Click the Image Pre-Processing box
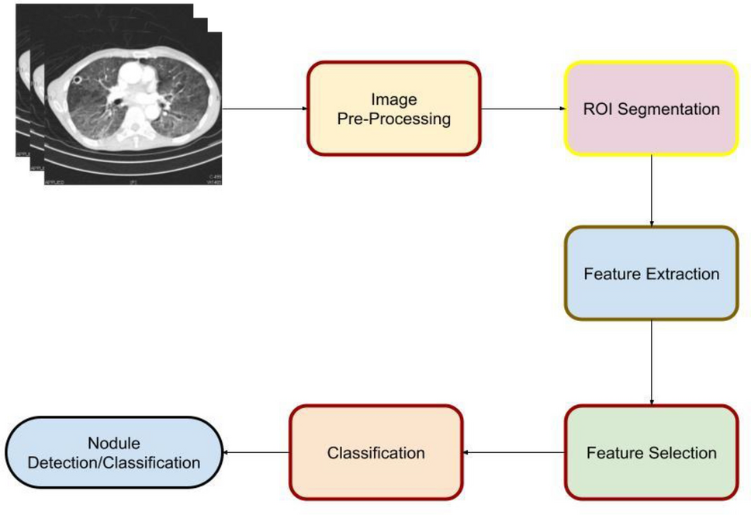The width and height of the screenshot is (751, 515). coord(394,109)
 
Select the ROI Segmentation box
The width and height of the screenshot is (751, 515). coord(651,109)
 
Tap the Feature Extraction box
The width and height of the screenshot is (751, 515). coord(651,274)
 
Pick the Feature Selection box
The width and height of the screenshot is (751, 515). coord(651,451)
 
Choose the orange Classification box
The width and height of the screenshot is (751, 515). coord(375,451)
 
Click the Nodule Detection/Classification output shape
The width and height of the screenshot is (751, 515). coord(114,453)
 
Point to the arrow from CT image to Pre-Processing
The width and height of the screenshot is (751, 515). coord(264,109)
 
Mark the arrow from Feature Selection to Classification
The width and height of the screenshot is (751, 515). coord(513,451)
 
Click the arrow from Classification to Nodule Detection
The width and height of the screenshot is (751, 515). coord(256,451)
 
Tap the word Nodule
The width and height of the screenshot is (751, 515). coord(114,444)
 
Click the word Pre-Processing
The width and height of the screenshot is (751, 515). coord(394,119)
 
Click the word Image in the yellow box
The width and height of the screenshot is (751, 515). coord(394,99)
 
